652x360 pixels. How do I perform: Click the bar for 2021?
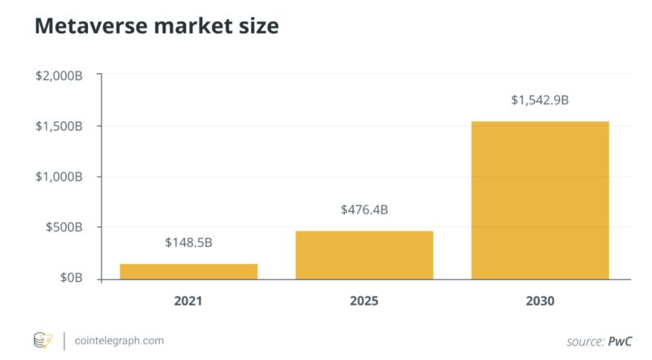pos(188,271)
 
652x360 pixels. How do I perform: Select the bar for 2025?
pos(363,255)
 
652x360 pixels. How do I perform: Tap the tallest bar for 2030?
pos(540,200)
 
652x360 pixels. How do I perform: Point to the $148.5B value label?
pos(188,243)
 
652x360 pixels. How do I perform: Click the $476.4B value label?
pos(363,210)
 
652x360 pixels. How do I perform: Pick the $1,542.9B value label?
pos(540,100)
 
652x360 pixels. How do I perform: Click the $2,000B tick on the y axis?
pos(59,76)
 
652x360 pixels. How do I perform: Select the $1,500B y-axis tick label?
pos(59,126)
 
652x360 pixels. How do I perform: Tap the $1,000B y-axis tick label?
pos(59,177)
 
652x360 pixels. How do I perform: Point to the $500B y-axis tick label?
pos(64,227)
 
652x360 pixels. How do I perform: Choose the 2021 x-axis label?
pos(188,301)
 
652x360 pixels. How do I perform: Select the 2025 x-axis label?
pos(363,301)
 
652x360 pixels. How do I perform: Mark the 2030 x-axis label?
pos(540,301)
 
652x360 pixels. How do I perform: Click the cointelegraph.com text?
pos(119,340)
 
